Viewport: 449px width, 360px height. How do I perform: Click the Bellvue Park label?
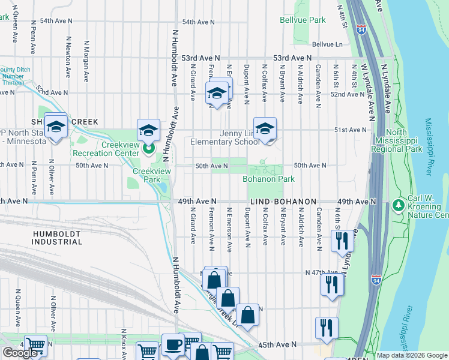(303, 20)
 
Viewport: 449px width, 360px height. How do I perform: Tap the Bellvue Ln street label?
(327, 44)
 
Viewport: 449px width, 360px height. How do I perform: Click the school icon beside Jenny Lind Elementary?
(264, 128)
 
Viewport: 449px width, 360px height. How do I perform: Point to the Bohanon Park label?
(268, 179)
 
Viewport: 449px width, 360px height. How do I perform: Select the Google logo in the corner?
(20, 353)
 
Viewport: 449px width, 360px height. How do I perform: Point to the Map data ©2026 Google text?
(411, 355)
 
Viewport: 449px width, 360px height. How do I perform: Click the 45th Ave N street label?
(277, 345)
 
